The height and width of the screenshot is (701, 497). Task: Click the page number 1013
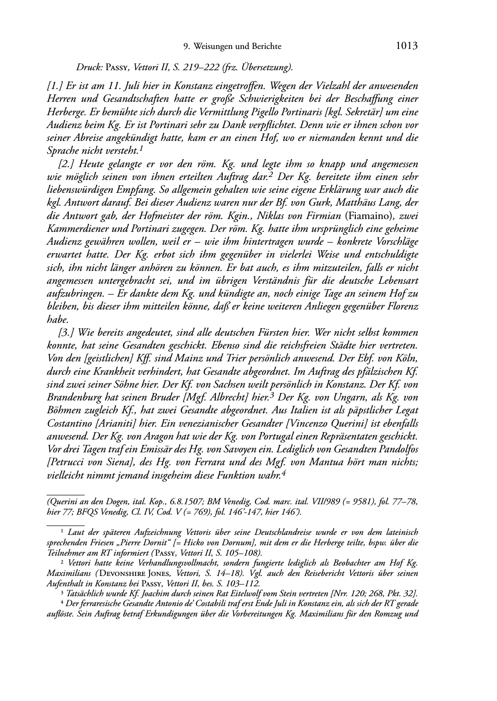pos(407,46)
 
